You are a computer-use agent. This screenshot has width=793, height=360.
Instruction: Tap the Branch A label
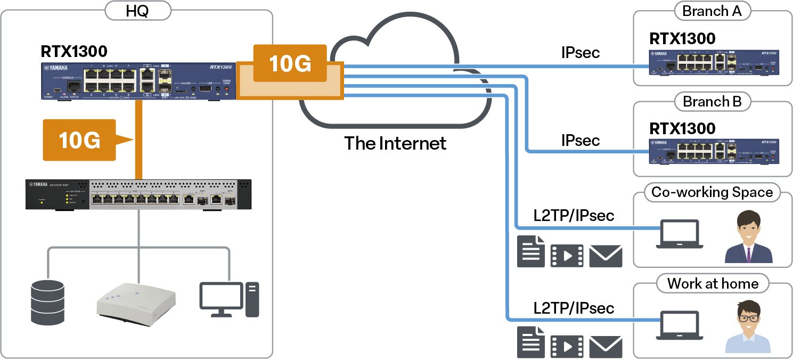click(712, 11)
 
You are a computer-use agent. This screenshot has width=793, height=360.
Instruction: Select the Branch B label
click(712, 102)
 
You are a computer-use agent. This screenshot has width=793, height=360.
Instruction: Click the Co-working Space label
click(712, 192)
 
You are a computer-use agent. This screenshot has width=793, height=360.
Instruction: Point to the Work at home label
click(713, 283)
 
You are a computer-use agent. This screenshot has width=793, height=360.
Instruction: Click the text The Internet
click(395, 143)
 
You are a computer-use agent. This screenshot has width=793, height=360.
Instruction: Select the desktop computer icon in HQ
click(229, 299)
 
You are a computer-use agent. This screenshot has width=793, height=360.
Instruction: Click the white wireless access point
click(136, 304)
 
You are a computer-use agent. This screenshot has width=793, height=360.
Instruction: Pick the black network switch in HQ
click(138, 195)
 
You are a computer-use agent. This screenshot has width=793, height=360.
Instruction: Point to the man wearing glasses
click(748, 326)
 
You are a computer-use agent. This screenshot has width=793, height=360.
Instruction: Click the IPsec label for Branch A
click(581, 52)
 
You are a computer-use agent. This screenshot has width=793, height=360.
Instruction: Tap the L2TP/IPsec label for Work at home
click(574, 308)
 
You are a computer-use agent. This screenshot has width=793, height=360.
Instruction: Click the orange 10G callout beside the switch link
click(80, 140)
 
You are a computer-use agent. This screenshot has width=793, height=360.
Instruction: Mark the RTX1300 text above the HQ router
click(74, 52)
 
